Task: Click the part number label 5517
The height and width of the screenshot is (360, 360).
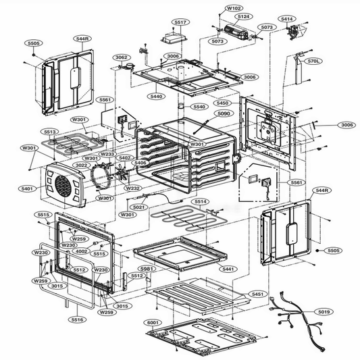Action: [x=180, y=22]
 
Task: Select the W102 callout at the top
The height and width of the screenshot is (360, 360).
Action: [x=233, y=8]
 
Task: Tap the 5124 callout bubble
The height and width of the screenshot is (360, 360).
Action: [x=244, y=16]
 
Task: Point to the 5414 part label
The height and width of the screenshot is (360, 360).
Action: [x=287, y=19]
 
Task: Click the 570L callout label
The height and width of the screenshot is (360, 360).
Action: [x=313, y=61]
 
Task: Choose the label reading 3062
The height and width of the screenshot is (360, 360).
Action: [x=121, y=57]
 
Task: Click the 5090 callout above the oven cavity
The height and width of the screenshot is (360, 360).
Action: [x=224, y=113]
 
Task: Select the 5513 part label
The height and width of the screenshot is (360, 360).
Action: [x=49, y=132]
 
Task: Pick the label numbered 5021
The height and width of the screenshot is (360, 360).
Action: [x=138, y=207]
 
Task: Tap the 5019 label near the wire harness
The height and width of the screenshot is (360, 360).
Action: [x=324, y=312]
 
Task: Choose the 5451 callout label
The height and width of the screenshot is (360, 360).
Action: [x=257, y=294]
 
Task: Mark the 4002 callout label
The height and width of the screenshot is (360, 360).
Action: [x=82, y=251]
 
